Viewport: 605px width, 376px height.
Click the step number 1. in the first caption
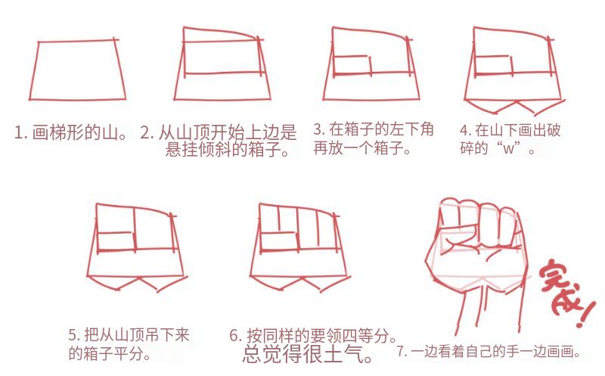[x=21, y=132]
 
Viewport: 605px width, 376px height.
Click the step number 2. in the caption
[x=147, y=132]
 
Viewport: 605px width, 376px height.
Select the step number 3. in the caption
[x=319, y=129]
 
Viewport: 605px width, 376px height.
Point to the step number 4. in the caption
[x=465, y=130]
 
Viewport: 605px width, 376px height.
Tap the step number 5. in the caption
[x=74, y=334]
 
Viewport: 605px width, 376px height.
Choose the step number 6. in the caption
[x=236, y=335]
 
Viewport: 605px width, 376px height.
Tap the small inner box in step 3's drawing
[x=352, y=66]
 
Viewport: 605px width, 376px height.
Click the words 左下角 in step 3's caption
[x=411, y=129]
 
